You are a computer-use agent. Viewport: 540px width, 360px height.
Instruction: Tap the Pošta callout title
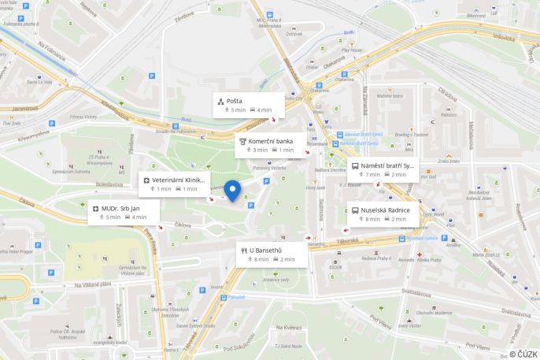235,101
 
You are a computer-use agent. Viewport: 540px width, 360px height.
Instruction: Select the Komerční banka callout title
271,141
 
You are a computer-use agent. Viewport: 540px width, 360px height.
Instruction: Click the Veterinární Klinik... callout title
179,180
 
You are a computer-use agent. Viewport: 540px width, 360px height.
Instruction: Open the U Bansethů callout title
265,251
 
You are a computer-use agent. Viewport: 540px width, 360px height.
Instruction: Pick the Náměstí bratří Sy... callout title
387,166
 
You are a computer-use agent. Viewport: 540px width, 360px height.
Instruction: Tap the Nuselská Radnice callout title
385,210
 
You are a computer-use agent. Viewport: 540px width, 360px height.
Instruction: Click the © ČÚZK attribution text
523,354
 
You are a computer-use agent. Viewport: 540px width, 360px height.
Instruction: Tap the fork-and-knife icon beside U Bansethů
243,251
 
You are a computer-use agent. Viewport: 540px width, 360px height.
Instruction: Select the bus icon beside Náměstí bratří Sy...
354,166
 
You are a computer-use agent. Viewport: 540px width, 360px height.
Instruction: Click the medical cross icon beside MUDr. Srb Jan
95,208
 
